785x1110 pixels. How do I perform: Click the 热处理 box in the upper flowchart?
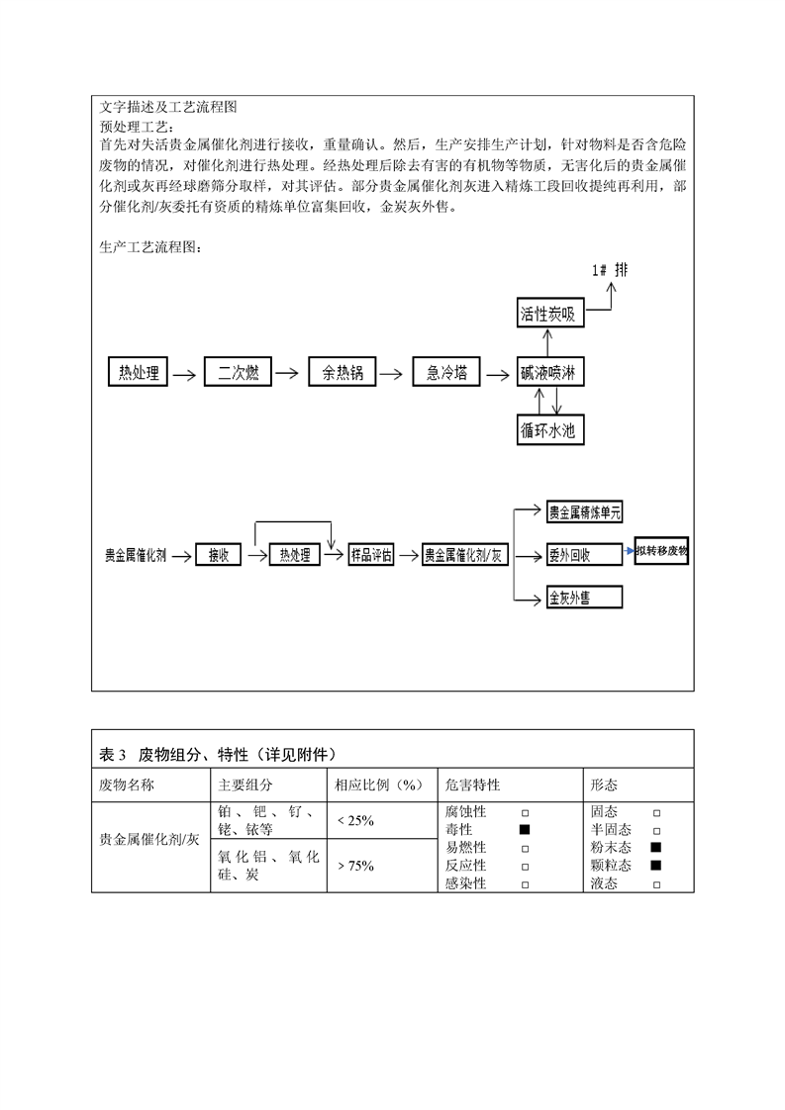[x=138, y=372]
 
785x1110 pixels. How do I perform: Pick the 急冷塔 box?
[x=446, y=372]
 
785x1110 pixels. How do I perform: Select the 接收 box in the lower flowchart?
[x=218, y=555]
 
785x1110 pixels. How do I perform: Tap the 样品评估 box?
[x=371, y=555]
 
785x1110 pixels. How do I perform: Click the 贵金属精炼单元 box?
[x=584, y=511]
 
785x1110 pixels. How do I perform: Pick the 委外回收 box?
[x=584, y=555]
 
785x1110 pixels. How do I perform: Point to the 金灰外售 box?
[x=584, y=598]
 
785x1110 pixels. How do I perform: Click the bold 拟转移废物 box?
[x=661, y=552]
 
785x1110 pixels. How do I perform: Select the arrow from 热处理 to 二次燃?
[x=185, y=373]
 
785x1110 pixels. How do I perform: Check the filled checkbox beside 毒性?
[x=525, y=829]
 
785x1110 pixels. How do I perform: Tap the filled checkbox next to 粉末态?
[x=655, y=848]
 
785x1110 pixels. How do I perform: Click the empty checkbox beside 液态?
[x=656, y=884]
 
